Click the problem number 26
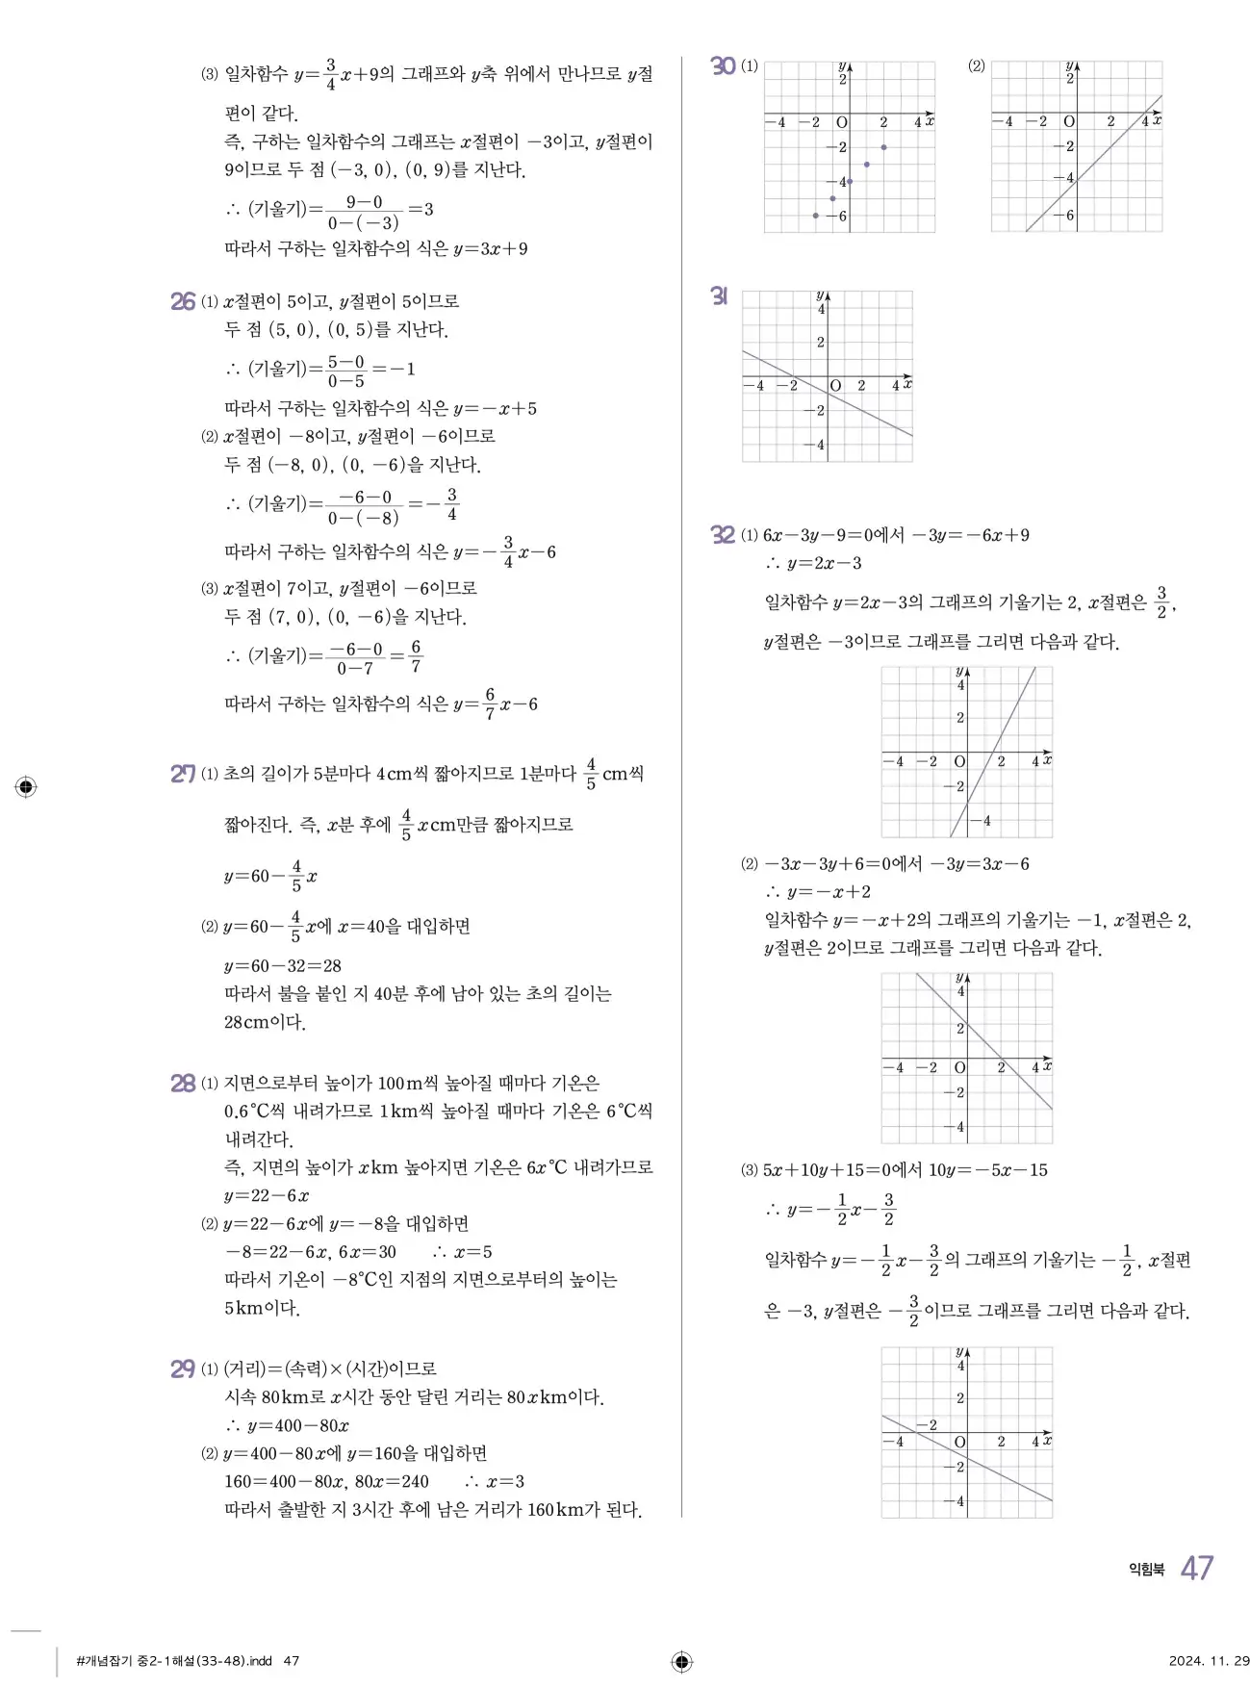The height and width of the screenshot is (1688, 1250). [x=183, y=301]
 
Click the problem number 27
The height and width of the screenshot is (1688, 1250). [x=183, y=774]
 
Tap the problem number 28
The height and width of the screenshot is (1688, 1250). [x=183, y=1084]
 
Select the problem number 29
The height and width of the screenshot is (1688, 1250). [x=183, y=1368]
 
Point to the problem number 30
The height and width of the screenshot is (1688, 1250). [x=723, y=66]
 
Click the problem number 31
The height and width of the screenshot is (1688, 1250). [x=719, y=296]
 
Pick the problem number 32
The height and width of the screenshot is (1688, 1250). [x=723, y=535]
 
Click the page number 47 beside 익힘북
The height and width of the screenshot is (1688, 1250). [x=1197, y=1569]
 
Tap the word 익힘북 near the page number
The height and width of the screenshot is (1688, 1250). [x=1146, y=1570]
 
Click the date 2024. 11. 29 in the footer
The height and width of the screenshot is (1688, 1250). [x=1209, y=1661]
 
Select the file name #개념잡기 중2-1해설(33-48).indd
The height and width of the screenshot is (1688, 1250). [x=174, y=1661]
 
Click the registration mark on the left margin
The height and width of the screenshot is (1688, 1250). [x=26, y=787]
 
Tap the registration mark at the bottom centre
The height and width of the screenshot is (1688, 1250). [x=681, y=1661]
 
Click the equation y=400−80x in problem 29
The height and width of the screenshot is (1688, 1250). [x=298, y=1425]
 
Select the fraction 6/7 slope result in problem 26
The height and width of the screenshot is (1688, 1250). [x=416, y=656]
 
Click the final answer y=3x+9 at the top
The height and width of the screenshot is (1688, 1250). [x=491, y=249]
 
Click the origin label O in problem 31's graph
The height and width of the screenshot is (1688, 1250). [x=835, y=386]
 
